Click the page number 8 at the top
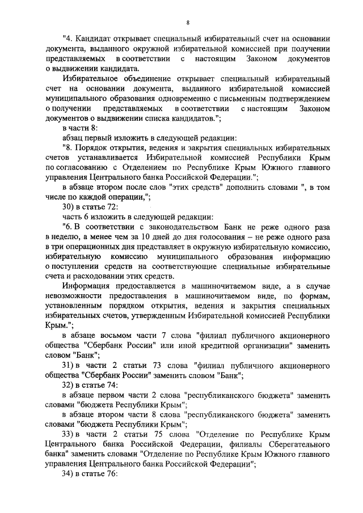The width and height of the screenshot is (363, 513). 188,22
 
